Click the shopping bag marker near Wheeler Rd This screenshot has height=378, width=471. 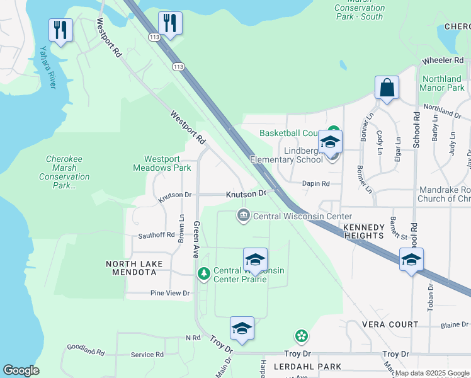(387, 88)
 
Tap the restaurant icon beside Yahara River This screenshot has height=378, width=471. (60, 30)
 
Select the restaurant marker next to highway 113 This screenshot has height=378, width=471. (169, 24)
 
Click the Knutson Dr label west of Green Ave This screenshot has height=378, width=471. (174, 195)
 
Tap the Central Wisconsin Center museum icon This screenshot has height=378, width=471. (243, 216)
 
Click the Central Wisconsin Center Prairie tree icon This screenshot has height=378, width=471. (203, 273)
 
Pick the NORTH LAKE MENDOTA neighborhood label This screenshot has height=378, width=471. (134, 268)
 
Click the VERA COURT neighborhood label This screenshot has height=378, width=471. (390, 324)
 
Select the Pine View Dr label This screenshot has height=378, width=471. (169, 293)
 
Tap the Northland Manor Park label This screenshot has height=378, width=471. (442, 83)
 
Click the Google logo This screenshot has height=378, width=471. (21, 370)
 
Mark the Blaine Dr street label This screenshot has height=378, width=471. (454, 325)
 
